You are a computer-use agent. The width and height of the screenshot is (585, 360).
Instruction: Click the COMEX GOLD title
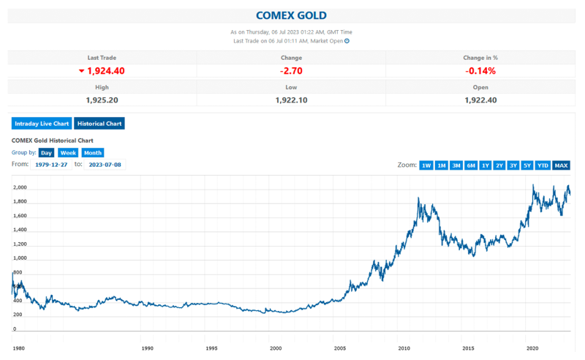pyautogui.click(x=291, y=15)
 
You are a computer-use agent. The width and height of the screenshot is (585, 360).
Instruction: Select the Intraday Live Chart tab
pyautogui.click(x=42, y=124)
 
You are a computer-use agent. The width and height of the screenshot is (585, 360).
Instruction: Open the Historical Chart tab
pyautogui.click(x=99, y=124)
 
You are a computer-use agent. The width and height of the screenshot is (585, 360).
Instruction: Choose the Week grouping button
pyautogui.click(x=68, y=153)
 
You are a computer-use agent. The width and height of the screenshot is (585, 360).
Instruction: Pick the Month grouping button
pyautogui.click(x=93, y=153)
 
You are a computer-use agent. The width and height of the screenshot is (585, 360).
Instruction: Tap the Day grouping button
pyautogui.click(x=46, y=153)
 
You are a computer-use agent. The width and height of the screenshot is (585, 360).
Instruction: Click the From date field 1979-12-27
pyautogui.click(x=51, y=165)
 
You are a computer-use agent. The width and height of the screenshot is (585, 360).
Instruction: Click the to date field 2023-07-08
pyautogui.click(x=105, y=165)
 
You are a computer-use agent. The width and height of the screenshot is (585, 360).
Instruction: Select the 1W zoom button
pyautogui.click(x=426, y=165)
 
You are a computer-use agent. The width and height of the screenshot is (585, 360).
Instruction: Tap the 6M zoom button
pyautogui.click(x=471, y=165)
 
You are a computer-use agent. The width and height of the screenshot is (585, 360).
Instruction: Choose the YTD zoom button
pyautogui.click(x=543, y=165)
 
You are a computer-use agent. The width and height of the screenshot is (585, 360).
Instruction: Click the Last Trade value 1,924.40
pyautogui.click(x=106, y=71)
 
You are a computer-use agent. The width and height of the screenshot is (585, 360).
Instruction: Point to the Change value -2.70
pyautogui.click(x=291, y=71)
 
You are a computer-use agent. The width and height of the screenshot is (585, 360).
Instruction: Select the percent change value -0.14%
pyautogui.click(x=480, y=71)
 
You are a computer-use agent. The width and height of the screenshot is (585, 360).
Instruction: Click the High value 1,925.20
pyautogui.click(x=102, y=100)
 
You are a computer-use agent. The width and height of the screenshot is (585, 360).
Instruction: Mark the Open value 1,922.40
pyautogui.click(x=480, y=100)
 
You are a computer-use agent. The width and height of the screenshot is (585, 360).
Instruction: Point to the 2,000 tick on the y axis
pyautogui.click(x=20, y=187)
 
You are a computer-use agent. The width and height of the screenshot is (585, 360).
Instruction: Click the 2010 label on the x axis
pyautogui.click(x=404, y=348)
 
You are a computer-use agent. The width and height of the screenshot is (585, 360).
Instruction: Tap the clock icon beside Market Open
pyautogui.click(x=347, y=41)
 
